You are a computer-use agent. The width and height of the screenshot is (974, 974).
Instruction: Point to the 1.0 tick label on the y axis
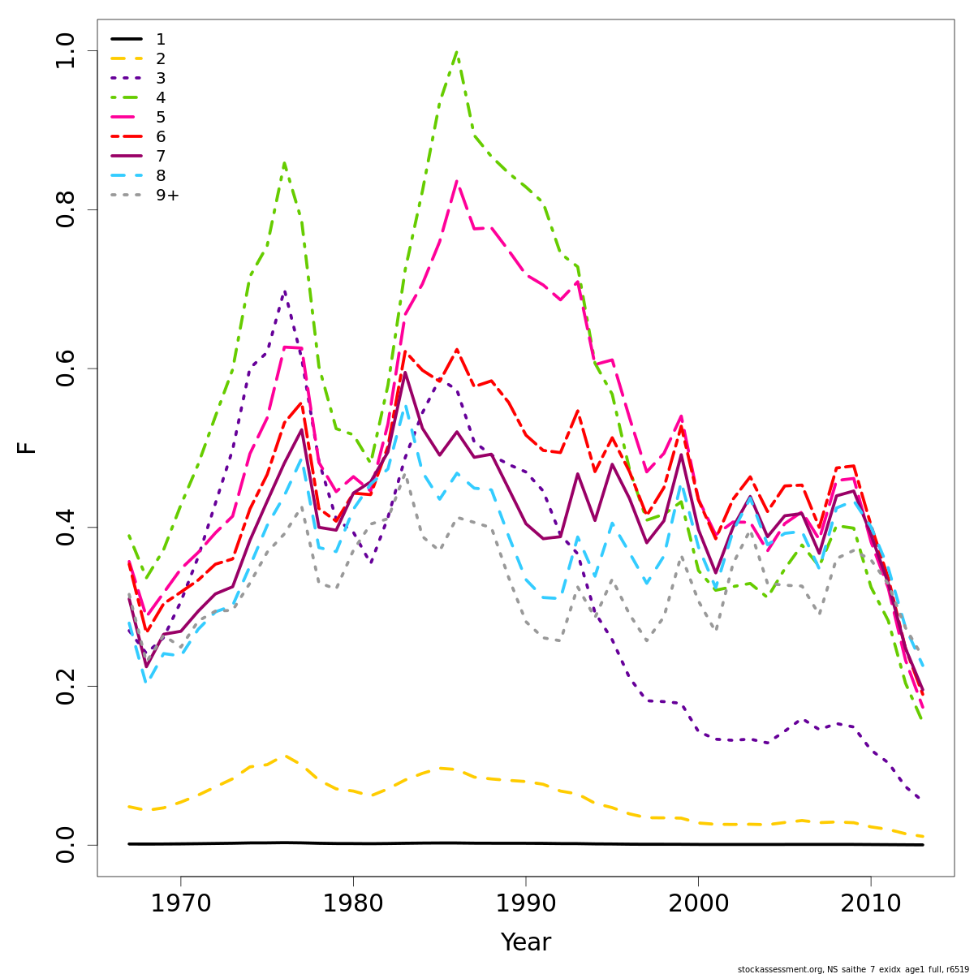[66, 51]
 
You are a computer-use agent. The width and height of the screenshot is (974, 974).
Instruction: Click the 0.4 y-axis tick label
[66, 527]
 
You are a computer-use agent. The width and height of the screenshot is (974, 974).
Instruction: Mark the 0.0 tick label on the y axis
[66, 844]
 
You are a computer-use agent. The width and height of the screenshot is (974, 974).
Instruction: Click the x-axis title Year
[525, 942]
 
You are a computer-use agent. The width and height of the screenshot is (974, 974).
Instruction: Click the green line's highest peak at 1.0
[457, 52]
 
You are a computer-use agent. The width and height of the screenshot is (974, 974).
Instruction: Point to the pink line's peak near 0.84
[457, 181]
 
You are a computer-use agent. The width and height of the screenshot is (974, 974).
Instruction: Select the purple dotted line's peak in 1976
[284, 290]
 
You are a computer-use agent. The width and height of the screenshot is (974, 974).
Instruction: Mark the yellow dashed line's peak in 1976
[284, 755]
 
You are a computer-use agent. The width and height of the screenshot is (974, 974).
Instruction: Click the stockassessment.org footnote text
[852, 969]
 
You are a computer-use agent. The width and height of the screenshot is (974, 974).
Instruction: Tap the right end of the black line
[923, 844]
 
